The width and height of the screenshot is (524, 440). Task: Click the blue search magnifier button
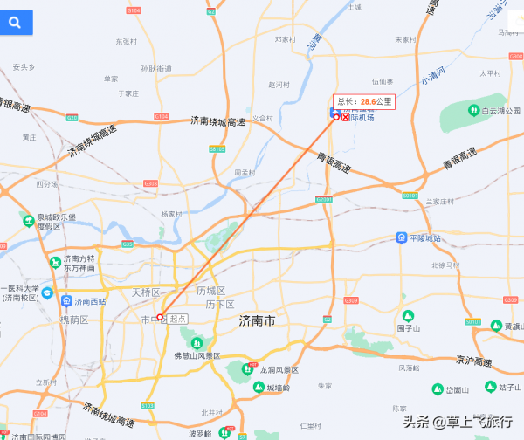pos(16,23)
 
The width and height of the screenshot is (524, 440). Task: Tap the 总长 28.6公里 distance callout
pos(363,101)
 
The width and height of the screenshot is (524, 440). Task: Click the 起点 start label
pos(177,319)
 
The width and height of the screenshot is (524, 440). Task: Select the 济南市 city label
pos(257,321)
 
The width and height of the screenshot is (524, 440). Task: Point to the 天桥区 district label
pos(146,292)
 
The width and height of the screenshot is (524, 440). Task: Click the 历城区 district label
pos(210,290)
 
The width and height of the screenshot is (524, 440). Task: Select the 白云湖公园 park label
pos(493,111)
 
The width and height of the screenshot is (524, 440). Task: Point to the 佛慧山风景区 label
pos(197,356)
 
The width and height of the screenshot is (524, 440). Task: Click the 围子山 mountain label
pos(409,328)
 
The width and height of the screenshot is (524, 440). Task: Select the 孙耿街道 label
pos(156,69)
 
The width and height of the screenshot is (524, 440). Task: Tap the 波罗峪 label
pos(200,433)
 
